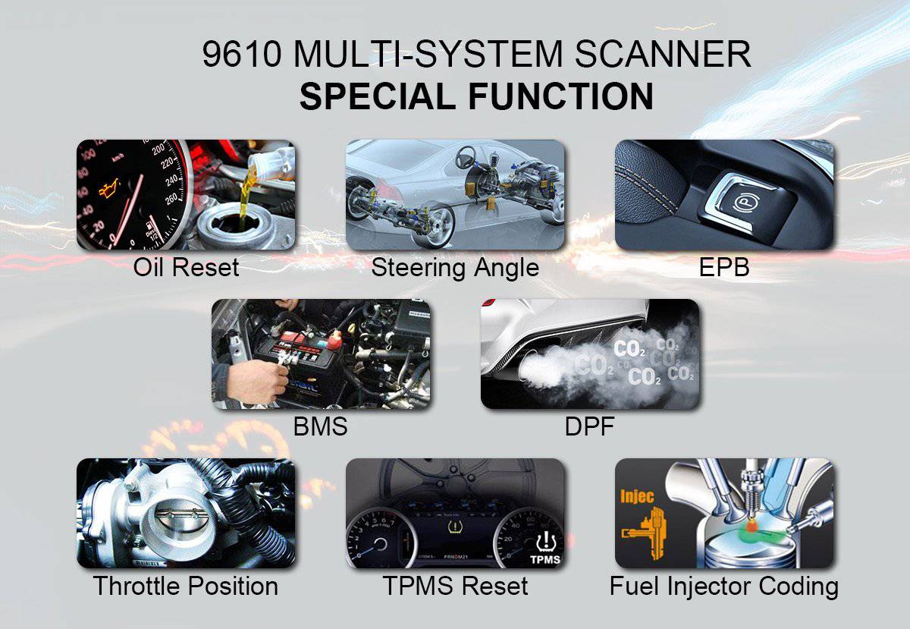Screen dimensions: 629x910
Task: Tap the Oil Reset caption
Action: [x=186, y=267]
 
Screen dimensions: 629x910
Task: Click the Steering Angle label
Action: [x=455, y=267]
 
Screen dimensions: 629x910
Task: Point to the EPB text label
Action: [x=724, y=267]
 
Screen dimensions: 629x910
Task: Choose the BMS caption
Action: [x=320, y=426]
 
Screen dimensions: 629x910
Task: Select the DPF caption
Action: [x=589, y=426]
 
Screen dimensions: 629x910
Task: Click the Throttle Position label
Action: [x=186, y=586]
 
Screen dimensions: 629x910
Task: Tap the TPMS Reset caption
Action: [x=455, y=586]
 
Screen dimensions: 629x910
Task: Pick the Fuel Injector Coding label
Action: [x=724, y=586]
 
